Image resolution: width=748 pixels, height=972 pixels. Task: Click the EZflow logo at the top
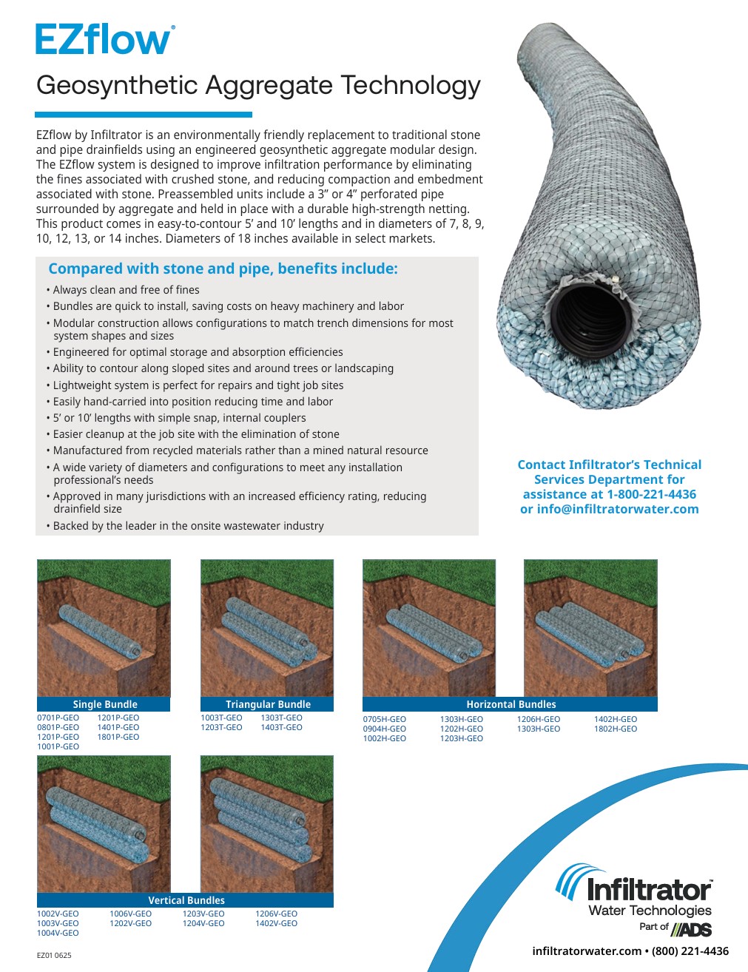coord(105,40)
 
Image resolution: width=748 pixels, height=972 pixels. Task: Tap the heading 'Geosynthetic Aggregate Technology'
coord(258,86)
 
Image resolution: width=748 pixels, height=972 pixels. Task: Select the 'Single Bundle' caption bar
coord(104,704)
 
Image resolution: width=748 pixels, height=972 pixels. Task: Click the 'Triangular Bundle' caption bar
coord(267,704)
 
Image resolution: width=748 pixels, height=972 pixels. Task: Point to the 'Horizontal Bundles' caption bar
coord(511,704)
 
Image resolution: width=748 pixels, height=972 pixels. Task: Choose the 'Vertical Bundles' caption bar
coord(186,900)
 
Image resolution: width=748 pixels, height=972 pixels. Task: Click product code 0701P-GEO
coord(58,718)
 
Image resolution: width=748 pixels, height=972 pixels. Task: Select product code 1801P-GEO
coord(118,737)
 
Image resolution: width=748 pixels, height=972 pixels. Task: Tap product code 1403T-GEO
coord(281,727)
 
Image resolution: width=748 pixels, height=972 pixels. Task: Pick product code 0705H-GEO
coord(384,719)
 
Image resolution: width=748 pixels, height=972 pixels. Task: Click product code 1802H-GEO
coord(615,729)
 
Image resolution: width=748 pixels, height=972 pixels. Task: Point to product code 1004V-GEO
coord(58,933)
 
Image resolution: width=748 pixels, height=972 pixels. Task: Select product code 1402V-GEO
coord(276,923)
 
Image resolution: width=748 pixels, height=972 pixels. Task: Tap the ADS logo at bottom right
coord(691,928)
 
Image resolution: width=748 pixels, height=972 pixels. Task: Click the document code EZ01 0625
coord(54,955)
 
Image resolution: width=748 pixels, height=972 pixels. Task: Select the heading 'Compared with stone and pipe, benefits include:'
coord(223,269)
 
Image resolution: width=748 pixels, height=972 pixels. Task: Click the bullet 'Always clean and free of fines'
coord(126,290)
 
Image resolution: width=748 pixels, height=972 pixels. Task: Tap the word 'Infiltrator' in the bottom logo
coord(649,890)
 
